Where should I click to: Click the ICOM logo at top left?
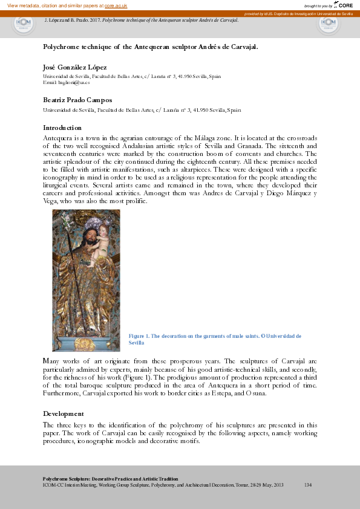click(24, 24)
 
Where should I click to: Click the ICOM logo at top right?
click(329, 24)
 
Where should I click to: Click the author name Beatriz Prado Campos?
click(77, 100)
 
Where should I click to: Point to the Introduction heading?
click(62, 128)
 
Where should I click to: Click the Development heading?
click(63, 413)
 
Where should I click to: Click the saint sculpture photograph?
click(86, 280)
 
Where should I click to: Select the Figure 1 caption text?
click(215, 339)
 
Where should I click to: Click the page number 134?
click(307, 485)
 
